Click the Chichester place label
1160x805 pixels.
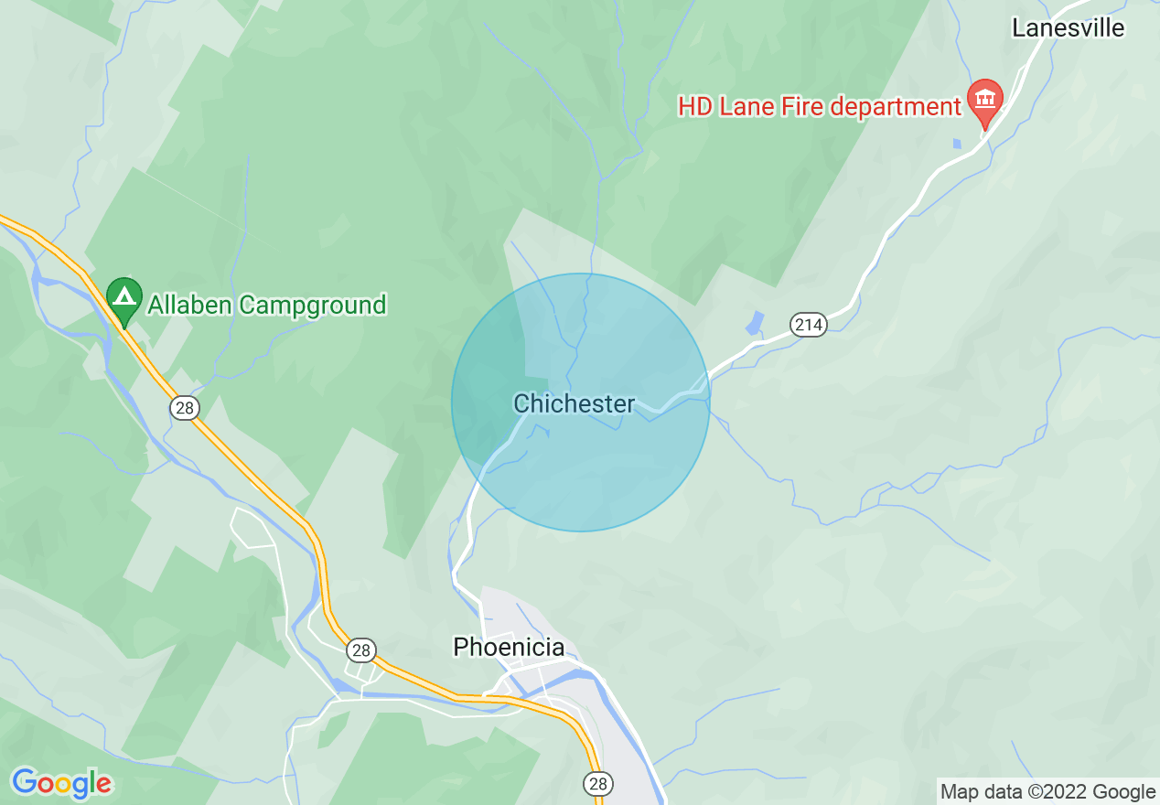[574, 403]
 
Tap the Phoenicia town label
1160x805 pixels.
[509, 648]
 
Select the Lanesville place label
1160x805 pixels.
[1068, 27]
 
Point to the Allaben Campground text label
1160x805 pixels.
[267, 305]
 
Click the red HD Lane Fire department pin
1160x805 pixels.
[985, 100]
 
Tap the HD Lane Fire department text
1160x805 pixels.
[819, 107]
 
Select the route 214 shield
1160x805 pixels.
[809, 324]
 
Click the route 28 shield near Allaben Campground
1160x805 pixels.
[185, 408]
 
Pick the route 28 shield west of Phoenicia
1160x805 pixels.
[361, 650]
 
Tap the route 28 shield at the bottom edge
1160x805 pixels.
[598, 783]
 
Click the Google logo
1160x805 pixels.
[61, 783]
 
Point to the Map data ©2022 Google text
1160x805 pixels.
[1047, 792]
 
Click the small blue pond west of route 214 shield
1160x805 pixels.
[754, 323]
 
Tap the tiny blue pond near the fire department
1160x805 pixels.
[956, 144]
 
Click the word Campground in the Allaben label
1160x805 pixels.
[313, 305]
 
